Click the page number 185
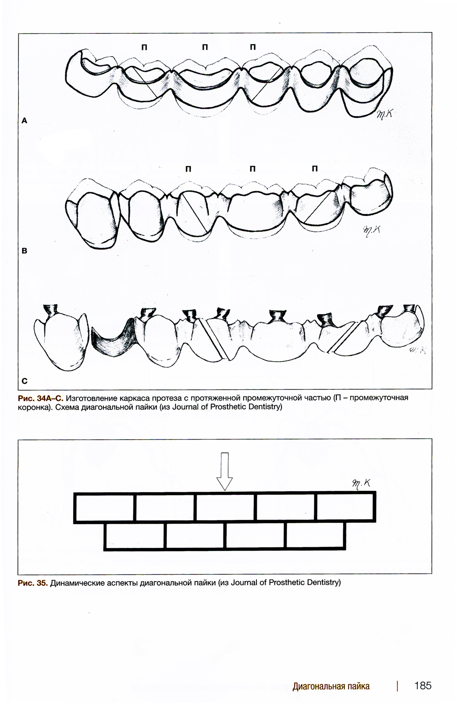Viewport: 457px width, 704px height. pos(422,685)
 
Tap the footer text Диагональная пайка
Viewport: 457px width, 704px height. pos(331,686)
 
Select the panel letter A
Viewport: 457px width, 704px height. pos(25,121)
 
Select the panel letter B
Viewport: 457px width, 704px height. pos(25,251)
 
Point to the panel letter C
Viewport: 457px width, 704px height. pos(25,380)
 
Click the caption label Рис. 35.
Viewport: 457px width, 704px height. pos(32,583)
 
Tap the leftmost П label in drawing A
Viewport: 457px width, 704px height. pos(144,47)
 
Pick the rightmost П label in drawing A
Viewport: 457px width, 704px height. pos(253,47)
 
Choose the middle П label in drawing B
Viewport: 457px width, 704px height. pos(252,169)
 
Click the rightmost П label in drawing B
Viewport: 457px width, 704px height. pos(314,169)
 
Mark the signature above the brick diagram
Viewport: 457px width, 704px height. pos(361,484)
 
